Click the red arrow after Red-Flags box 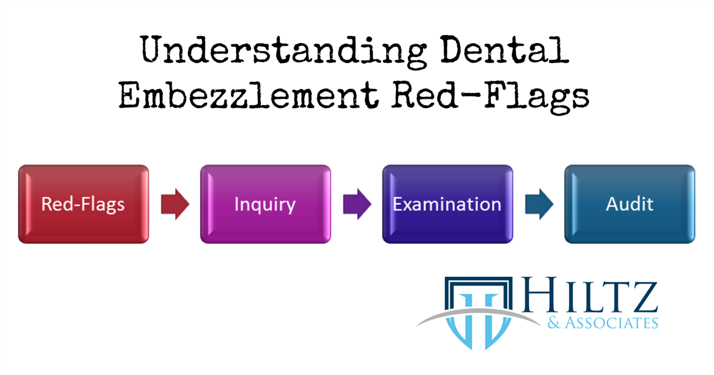[x=175, y=204]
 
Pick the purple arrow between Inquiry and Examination [x=357, y=204]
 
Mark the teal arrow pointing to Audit [x=538, y=204]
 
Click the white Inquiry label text [x=265, y=204]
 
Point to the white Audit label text [x=629, y=204]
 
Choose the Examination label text [x=447, y=204]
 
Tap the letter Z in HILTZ [x=643, y=299]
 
